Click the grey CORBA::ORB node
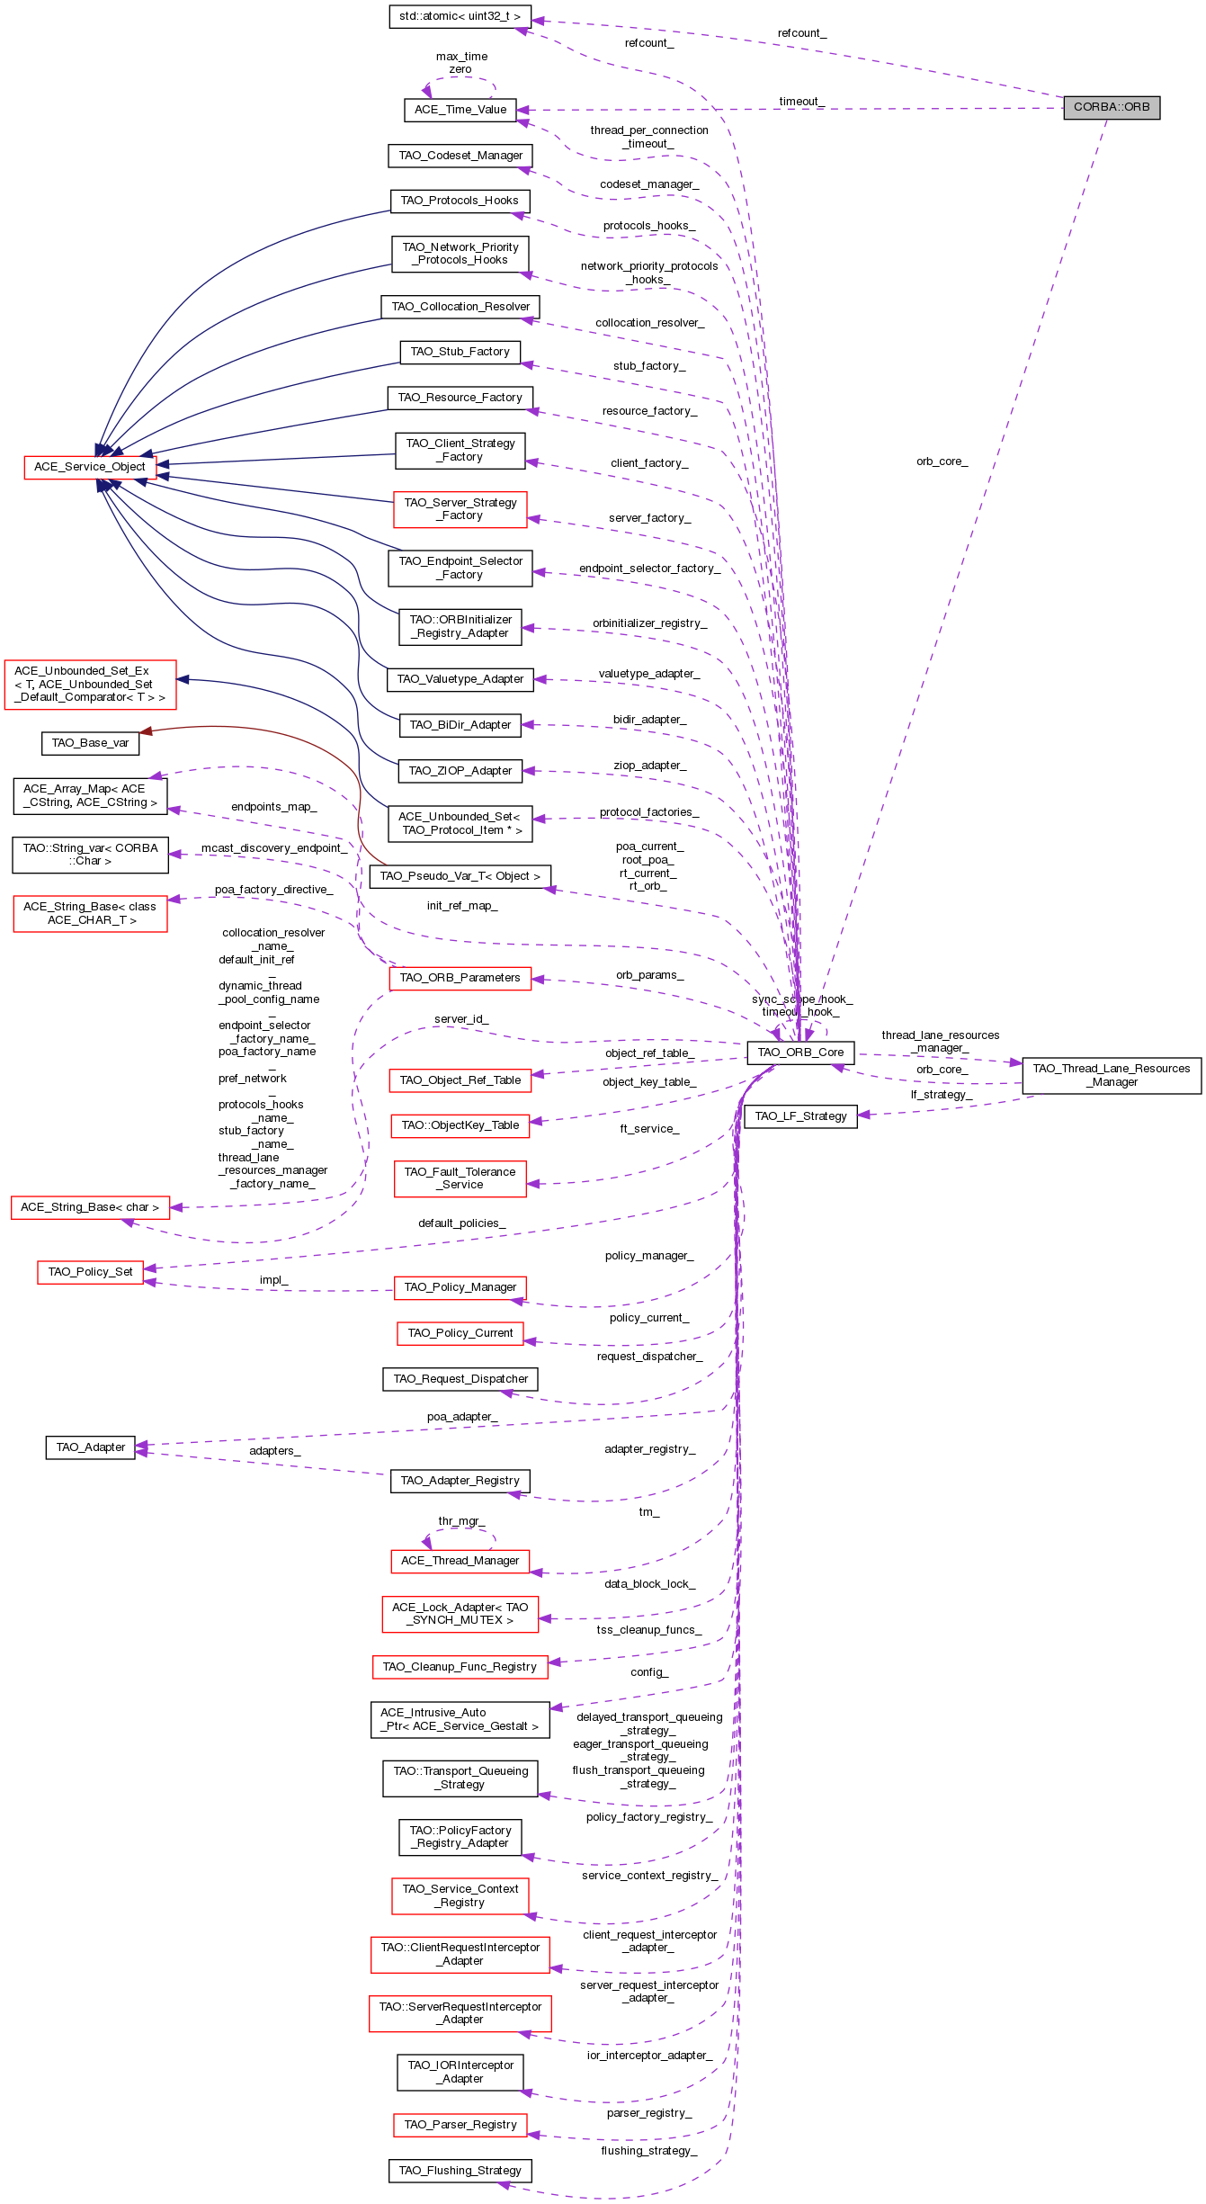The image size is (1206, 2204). [x=1112, y=107]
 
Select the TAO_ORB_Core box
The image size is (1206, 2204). [x=800, y=1052]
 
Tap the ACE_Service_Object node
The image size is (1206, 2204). [x=90, y=467]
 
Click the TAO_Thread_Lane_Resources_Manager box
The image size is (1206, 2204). [x=1112, y=1075]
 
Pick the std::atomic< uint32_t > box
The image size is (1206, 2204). [x=460, y=16]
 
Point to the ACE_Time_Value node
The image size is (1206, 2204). [x=460, y=110]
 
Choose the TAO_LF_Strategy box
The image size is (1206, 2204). [x=800, y=1116]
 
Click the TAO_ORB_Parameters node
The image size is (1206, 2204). [x=460, y=978]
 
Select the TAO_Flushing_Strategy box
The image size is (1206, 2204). [x=460, y=2171]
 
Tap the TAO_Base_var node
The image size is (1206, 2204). [x=90, y=743]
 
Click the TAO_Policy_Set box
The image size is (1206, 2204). [x=90, y=1272]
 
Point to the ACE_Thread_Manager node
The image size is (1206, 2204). [x=460, y=1561]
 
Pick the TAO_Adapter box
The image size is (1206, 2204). [x=90, y=1447]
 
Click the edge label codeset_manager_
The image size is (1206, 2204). [x=649, y=184]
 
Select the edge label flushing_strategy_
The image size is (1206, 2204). [x=649, y=2151]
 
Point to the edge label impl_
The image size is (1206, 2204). [x=273, y=1280]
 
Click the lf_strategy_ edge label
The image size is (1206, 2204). [x=942, y=1095]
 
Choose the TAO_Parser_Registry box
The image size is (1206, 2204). [x=460, y=2125]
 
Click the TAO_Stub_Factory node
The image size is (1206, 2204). [x=460, y=352]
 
